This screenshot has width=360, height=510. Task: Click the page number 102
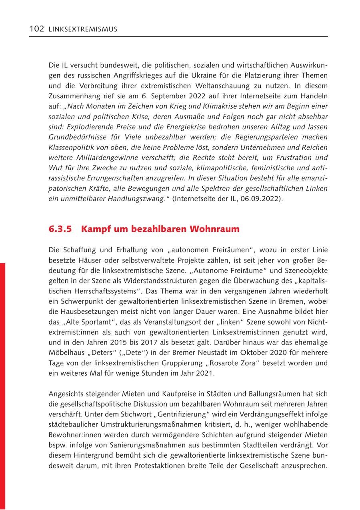coord(36,29)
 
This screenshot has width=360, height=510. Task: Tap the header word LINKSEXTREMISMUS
coord(83,30)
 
